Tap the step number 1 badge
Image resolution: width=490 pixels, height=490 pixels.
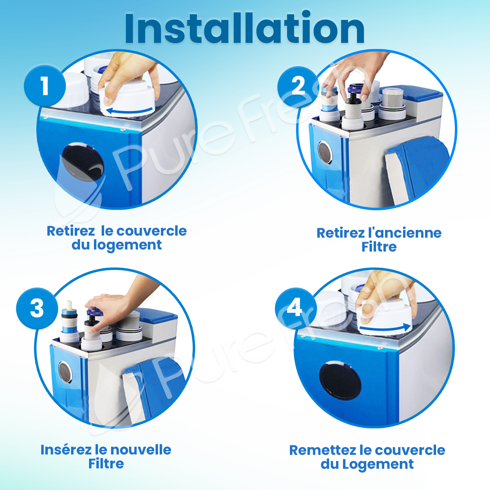(45, 86)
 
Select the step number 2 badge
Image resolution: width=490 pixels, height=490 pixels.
(298, 87)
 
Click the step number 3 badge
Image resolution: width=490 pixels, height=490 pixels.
(37, 308)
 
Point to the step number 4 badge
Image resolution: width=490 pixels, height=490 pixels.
(296, 308)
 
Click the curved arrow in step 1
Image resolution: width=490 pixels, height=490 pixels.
(129, 111)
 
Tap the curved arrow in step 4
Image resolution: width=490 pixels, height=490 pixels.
(385, 328)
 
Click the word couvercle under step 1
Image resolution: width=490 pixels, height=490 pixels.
(151, 231)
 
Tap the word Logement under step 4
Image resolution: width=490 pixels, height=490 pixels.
(378, 464)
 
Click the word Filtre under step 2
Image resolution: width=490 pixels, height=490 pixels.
(379, 247)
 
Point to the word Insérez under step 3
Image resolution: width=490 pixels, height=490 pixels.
(66, 450)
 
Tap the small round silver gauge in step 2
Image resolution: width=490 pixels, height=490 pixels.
(325, 153)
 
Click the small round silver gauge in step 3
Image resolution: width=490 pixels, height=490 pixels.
(65, 372)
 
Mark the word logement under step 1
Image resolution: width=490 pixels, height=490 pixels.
(127, 245)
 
